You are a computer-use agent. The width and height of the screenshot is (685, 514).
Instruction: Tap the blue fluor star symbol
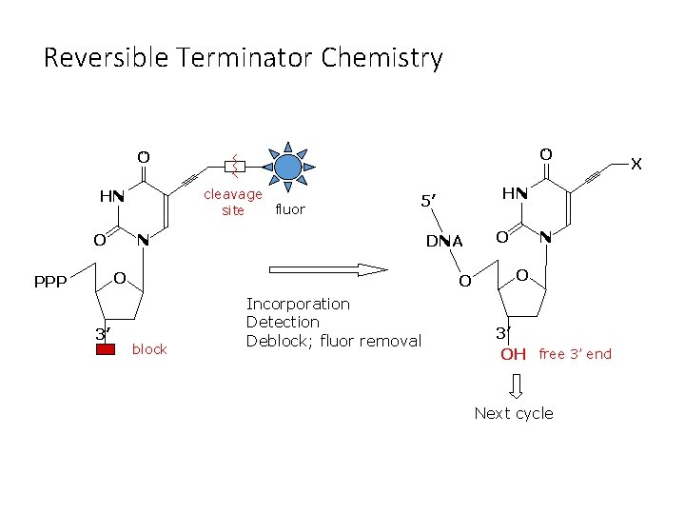point(288,168)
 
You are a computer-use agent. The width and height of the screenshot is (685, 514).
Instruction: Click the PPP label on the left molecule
point(50,282)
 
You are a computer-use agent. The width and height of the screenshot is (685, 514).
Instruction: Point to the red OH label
point(513,354)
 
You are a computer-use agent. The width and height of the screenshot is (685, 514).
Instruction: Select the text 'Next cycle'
point(514,413)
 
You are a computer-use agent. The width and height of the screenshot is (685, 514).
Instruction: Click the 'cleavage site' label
point(234,202)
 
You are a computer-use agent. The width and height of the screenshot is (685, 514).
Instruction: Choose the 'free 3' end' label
point(575,354)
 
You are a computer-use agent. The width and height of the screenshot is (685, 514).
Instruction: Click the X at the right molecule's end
point(636,165)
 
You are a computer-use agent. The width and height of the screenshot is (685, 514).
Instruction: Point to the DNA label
point(444,241)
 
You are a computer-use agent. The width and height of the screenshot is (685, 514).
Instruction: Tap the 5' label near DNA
point(428,201)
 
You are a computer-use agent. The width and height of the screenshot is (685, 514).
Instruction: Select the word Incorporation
point(298,304)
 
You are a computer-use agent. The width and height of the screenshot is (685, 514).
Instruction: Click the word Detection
point(283,322)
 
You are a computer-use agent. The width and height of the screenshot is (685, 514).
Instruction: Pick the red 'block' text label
point(149,349)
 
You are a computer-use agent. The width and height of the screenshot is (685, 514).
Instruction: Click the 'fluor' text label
point(289,209)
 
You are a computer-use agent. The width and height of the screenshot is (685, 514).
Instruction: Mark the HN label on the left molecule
point(112,196)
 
